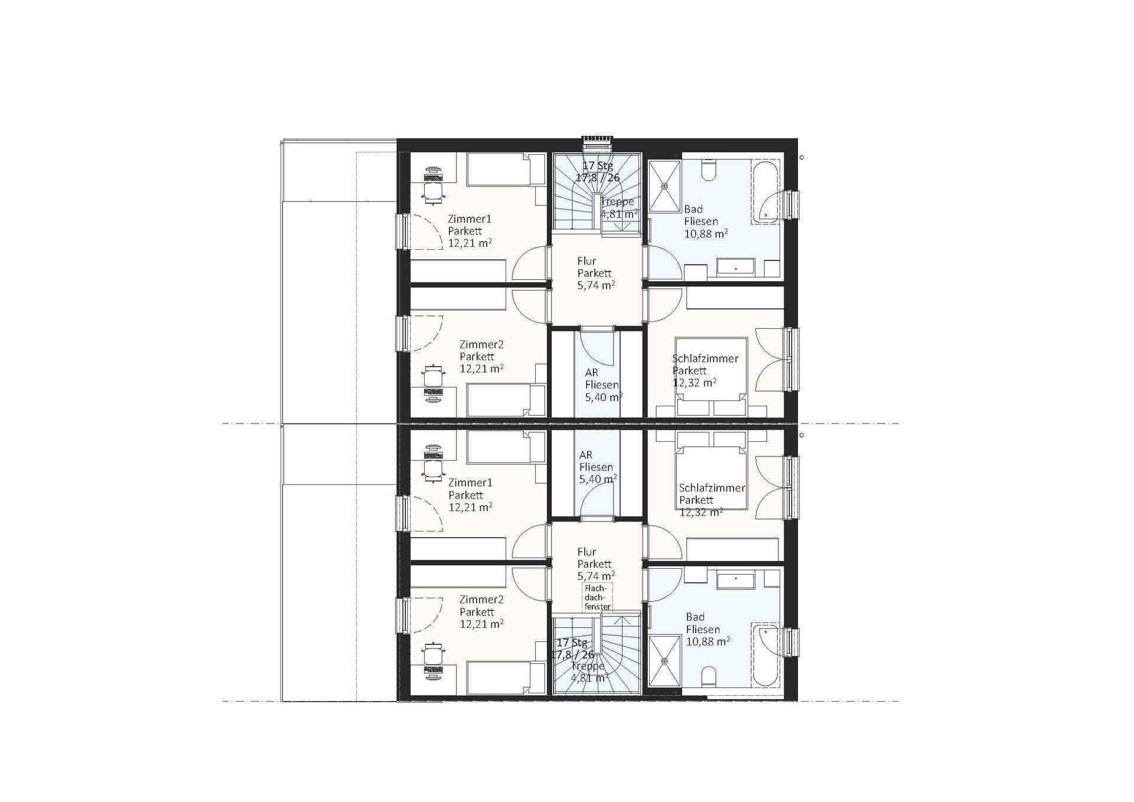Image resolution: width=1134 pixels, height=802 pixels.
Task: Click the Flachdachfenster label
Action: click(598, 598)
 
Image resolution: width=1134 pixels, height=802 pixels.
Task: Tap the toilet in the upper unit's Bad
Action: click(709, 171)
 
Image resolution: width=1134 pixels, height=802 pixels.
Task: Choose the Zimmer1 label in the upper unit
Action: click(470, 219)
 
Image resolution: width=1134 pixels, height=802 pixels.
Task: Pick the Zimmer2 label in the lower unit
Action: click(481, 599)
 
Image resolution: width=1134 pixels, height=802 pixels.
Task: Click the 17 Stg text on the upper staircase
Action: click(598, 165)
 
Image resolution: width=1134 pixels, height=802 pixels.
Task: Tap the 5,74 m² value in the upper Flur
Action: click(596, 285)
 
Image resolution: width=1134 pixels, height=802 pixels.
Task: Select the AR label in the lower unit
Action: click(586, 455)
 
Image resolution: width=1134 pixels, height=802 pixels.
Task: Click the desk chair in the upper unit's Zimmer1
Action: click(434, 193)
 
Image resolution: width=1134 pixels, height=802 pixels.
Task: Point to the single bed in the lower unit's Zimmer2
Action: click(506, 677)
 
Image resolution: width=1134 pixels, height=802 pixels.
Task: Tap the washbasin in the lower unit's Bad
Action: click(736, 581)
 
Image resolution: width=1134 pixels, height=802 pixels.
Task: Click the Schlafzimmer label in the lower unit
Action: click(712, 488)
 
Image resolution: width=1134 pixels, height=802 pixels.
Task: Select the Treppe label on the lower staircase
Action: click(588, 666)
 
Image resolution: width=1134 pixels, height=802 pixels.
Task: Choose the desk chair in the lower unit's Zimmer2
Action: click(434, 653)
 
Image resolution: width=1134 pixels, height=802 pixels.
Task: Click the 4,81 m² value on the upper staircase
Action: click(619, 214)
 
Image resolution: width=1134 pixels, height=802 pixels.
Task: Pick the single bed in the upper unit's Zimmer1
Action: click(506, 169)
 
